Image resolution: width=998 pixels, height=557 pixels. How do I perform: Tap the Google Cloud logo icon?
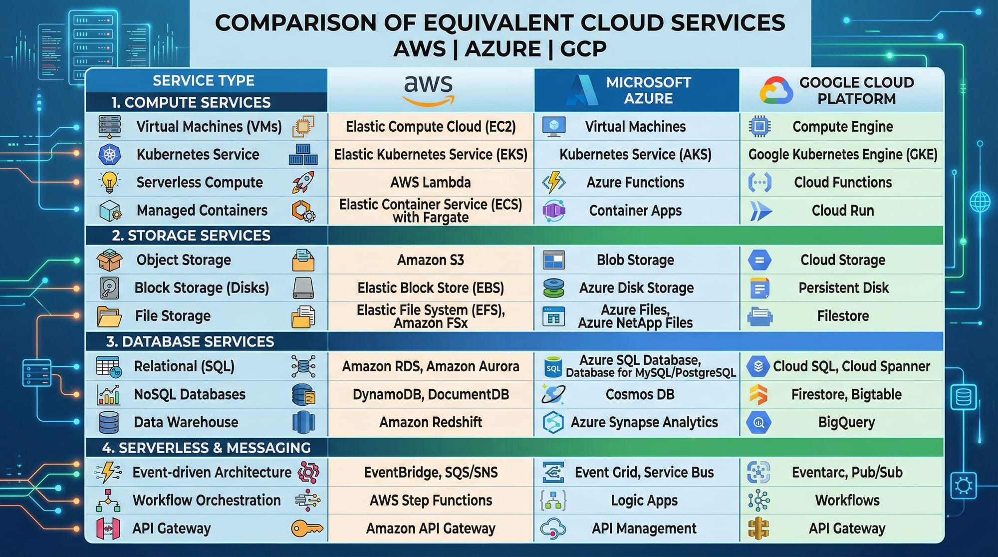tap(776, 90)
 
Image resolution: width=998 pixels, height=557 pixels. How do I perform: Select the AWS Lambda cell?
tap(431, 182)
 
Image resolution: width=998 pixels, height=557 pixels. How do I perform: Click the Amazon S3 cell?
tap(431, 260)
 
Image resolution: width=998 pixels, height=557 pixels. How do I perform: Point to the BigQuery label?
tap(846, 422)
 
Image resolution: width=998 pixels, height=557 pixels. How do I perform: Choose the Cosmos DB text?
tap(640, 394)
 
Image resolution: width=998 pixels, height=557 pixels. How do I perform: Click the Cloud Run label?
tap(843, 211)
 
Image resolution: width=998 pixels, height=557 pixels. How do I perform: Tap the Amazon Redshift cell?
tap(431, 422)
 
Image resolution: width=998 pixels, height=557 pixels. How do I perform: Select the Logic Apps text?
tap(644, 500)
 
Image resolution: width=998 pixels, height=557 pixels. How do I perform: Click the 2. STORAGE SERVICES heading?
tap(191, 236)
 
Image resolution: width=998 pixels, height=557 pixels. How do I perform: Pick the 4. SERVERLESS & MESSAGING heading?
tap(206, 448)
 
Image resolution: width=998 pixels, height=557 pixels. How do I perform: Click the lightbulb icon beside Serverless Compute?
tap(109, 183)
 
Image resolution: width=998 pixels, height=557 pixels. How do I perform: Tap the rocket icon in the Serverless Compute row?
tap(303, 182)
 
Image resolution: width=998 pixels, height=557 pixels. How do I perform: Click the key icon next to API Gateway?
tap(307, 528)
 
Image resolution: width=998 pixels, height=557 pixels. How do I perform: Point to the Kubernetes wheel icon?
tap(110, 155)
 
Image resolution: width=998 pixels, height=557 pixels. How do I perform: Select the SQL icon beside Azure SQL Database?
tap(553, 367)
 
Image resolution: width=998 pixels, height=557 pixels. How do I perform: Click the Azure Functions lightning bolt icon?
tap(554, 183)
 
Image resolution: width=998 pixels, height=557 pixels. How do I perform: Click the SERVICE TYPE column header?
tap(204, 80)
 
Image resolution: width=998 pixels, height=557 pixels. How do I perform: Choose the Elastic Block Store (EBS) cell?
tap(431, 288)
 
